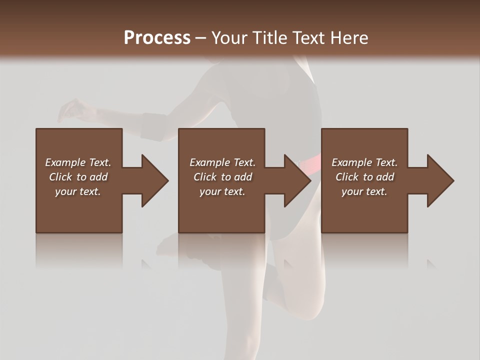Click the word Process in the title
[x=157, y=37]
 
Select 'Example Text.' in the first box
[x=78, y=162]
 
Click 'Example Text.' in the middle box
[x=222, y=162]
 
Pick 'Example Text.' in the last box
[x=364, y=162]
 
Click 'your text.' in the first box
[x=78, y=191]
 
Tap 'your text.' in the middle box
[x=222, y=191]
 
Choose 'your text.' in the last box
[x=364, y=191]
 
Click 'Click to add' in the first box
[x=78, y=177]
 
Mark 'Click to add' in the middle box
[x=222, y=177]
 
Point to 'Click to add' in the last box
[x=364, y=177]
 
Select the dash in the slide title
[x=201, y=38]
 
